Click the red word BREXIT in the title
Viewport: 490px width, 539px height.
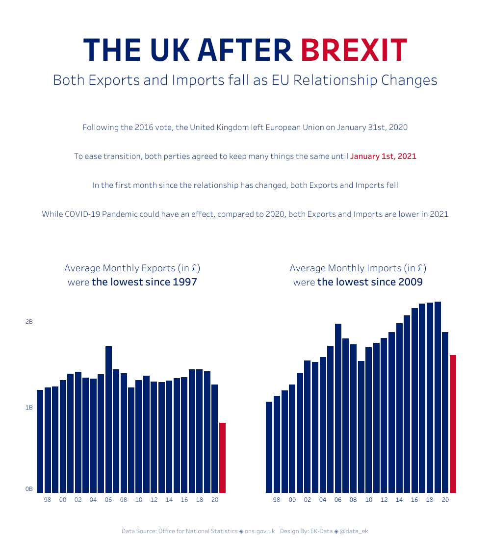(354, 50)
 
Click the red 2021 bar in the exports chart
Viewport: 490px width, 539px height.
(222, 457)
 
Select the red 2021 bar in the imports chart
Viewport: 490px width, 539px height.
(453, 423)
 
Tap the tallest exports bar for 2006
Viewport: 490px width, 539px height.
(108, 419)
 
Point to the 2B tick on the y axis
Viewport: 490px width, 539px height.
(29, 322)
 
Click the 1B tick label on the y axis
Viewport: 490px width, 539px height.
(29, 408)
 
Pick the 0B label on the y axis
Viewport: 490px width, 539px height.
(29, 489)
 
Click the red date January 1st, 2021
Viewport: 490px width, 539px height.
(383, 156)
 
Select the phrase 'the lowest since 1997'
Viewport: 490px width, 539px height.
(144, 282)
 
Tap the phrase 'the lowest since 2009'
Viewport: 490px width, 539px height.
(370, 282)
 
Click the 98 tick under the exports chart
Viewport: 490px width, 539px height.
(48, 500)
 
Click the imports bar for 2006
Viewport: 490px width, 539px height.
(338, 408)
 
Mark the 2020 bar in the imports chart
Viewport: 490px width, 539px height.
(445, 412)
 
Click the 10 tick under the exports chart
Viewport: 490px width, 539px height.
(139, 500)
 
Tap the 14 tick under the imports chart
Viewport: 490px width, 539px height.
(399, 500)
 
